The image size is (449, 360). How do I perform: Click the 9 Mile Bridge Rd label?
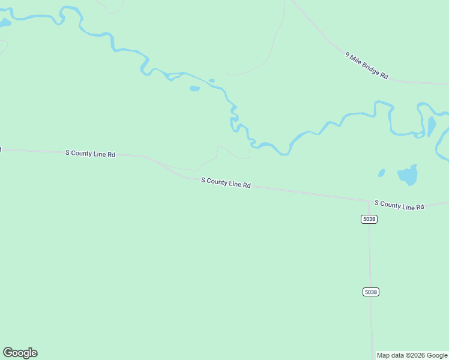pyautogui.click(x=367, y=66)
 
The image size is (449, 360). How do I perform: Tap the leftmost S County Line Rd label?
pyautogui.click(x=90, y=154)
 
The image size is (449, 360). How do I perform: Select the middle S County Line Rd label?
pyautogui.click(x=226, y=182)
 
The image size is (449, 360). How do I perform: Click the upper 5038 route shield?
pyautogui.click(x=369, y=219)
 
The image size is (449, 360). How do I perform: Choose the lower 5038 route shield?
pyautogui.click(x=371, y=292)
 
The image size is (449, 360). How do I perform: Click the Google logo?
pyautogui.click(x=20, y=353)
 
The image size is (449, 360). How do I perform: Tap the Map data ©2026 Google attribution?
pyautogui.click(x=411, y=355)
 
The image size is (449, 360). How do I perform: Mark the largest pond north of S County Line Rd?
pyautogui.click(x=408, y=175)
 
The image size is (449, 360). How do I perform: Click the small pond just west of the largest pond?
pyautogui.click(x=382, y=173)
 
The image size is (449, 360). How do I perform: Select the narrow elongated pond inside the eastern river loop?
pyautogui.click(x=432, y=126)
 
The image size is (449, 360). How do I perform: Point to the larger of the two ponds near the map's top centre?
pyautogui.click(x=194, y=89)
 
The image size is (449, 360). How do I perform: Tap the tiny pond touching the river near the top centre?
pyautogui.click(x=211, y=80)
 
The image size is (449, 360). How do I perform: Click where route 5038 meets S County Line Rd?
pyautogui.click(x=369, y=201)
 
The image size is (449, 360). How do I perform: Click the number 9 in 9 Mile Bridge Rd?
pyautogui.click(x=348, y=55)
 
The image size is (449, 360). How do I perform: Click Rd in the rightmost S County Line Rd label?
pyautogui.click(x=420, y=207)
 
